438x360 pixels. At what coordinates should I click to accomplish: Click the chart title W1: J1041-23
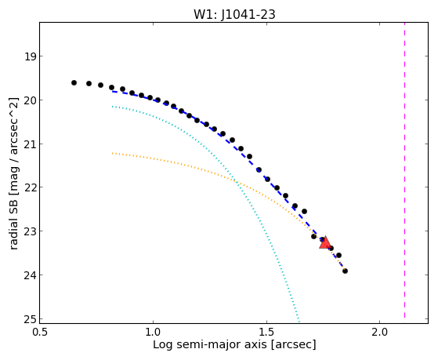coord(234,14)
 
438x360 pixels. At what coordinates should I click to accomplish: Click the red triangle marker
coord(325,242)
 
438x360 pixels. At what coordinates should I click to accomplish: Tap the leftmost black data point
coord(74,82)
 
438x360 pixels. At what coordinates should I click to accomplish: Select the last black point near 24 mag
coord(345,271)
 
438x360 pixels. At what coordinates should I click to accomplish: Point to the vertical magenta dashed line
coord(404,170)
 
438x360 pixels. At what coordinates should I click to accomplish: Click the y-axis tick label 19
coord(31,56)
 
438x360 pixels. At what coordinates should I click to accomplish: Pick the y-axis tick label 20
coord(31,100)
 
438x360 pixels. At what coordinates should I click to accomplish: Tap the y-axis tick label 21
coord(31,144)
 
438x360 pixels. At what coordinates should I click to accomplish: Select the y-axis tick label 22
coord(31,187)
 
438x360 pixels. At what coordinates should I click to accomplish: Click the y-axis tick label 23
coord(31,231)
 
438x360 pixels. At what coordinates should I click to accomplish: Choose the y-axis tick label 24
coord(31,275)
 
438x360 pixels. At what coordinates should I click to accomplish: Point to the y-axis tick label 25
coord(31,319)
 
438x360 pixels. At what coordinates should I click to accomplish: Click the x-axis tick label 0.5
coord(40,332)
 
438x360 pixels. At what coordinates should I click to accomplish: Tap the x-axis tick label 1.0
coord(153,332)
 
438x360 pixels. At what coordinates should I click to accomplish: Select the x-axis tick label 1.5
coord(266,332)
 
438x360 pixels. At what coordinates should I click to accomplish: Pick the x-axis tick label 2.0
coord(380,332)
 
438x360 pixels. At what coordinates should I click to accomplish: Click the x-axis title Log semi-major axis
coord(209,344)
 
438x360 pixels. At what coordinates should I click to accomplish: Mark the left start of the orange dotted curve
coord(112,153)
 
